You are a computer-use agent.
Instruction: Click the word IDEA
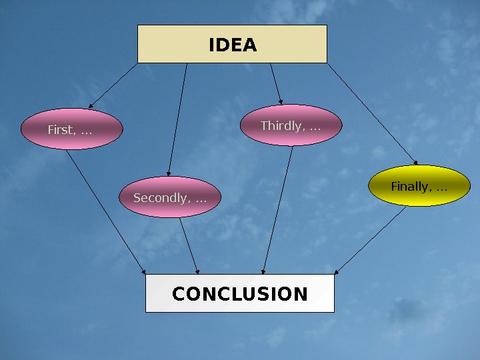[x=233, y=45]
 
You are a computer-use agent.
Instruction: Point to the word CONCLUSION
[x=240, y=294]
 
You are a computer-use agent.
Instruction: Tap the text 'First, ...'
[x=69, y=129]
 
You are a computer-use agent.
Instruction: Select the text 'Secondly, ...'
[x=169, y=198]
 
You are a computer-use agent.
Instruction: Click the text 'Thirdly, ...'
[x=290, y=125]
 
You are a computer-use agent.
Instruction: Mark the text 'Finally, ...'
[x=419, y=186]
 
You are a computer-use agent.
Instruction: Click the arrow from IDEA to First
[x=113, y=85]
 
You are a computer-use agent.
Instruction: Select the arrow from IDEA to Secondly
[x=178, y=120]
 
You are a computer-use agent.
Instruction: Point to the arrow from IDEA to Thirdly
[x=276, y=84]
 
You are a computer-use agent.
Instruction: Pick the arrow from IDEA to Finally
[x=372, y=114]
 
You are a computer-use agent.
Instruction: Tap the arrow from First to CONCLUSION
[x=107, y=212]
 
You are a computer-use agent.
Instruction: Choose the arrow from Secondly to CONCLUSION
[x=189, y=245]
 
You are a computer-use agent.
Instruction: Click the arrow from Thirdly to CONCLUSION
[x=278, y=210]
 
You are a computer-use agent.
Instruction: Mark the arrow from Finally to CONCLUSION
[x=371, y=240]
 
